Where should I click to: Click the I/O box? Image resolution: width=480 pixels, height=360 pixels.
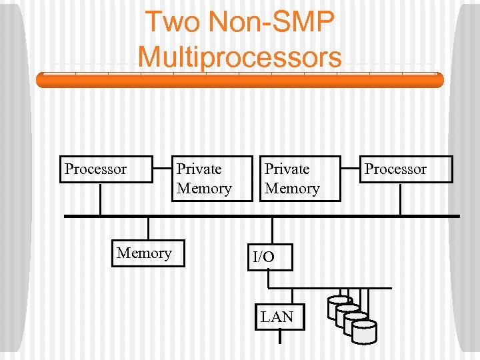[x=270, y=257]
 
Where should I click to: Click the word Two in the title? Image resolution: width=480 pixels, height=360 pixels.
[x=171, y=21]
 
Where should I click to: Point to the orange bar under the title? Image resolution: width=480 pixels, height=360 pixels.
[x=239, y=81]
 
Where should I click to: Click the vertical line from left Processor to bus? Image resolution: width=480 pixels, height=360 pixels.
[x=100, y=199]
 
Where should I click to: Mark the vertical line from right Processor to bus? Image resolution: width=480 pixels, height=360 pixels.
[x=400, y=199]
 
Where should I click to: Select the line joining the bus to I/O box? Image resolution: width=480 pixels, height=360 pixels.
[x=270, y=230]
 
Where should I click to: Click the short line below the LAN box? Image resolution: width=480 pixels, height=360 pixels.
[x=280, y=337]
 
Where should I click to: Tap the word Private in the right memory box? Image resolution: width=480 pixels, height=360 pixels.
[x=287, y=169]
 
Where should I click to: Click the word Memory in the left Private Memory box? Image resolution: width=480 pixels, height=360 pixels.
[x=204, y=189]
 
